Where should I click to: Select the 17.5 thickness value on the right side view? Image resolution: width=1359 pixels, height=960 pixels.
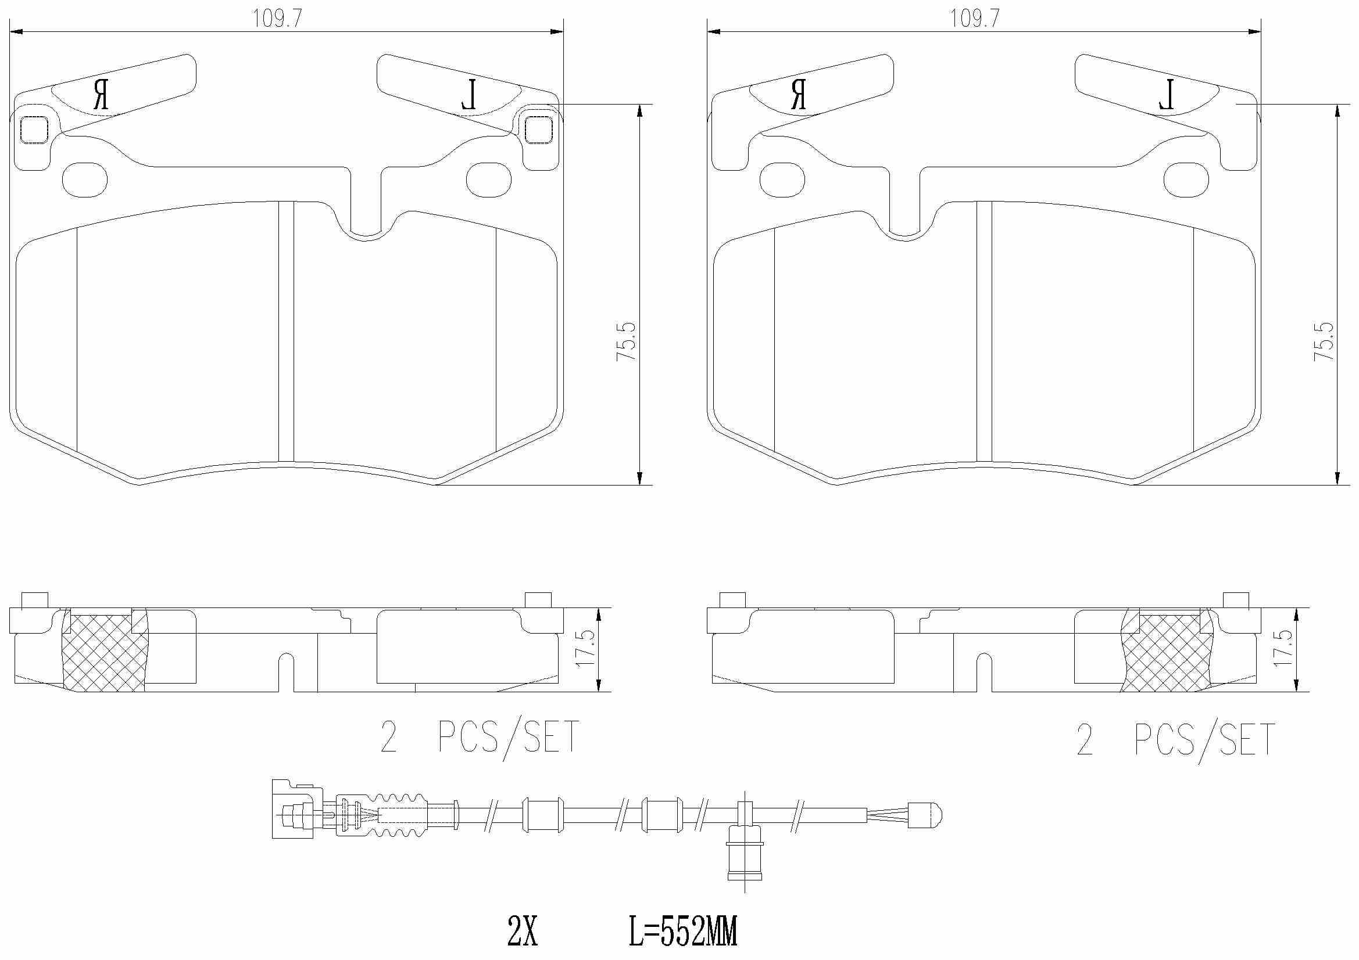click(x=1282, y=649)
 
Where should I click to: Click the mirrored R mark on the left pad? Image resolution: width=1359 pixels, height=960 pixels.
click(x=101, y=95)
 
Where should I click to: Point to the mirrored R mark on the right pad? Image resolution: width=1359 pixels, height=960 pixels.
click(x=799, y=95)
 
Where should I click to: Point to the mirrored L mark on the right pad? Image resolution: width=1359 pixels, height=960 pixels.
click(x=1167, y=95)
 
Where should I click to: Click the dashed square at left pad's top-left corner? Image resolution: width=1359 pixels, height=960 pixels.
click(x=34, y=130)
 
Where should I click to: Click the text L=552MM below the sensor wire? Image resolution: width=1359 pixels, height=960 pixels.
click(x=682, y=932)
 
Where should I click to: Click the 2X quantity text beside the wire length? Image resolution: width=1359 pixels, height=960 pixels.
click(x=522, y=932)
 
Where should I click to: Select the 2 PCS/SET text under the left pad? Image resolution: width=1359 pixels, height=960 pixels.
click(x=480, y=738)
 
